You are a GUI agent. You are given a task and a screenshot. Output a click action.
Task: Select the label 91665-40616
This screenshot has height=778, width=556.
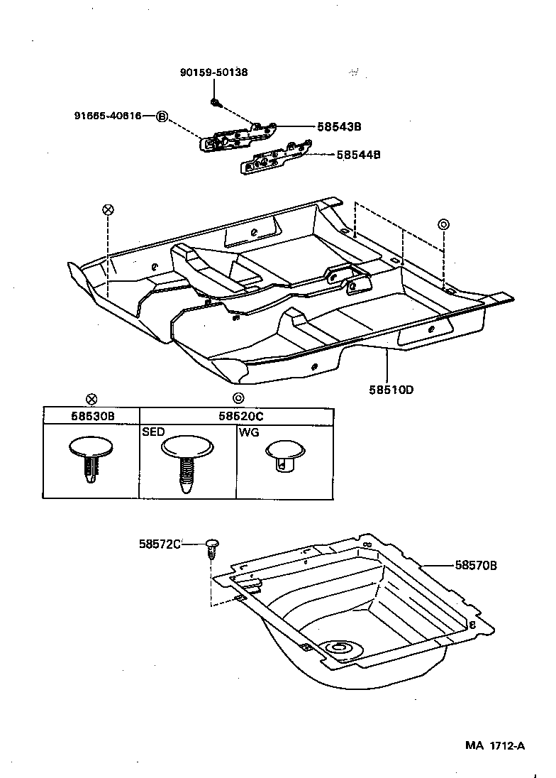pos(107,115)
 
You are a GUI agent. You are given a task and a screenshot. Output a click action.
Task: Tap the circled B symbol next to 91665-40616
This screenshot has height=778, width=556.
pos(161,116)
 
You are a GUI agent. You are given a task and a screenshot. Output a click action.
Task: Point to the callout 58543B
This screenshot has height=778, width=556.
pos(337,126)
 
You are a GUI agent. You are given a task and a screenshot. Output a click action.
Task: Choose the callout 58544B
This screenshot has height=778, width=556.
pos(358,154)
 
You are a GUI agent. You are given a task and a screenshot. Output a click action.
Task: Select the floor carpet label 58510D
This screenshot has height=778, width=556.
pos(391,390)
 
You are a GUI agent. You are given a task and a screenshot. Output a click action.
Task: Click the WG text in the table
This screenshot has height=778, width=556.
pos(248,432)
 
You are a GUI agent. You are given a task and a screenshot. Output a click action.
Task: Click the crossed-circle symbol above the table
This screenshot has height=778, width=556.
pos(91,399)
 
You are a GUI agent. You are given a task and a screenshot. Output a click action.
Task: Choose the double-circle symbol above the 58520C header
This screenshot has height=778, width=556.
pos(238,399)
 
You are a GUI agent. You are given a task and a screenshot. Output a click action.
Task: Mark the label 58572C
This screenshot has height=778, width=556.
pos(160,544)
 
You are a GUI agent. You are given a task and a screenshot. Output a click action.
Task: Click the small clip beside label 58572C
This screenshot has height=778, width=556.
pos(212,549)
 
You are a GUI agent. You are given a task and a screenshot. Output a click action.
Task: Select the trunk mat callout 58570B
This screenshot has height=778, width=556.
pos(476,565)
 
